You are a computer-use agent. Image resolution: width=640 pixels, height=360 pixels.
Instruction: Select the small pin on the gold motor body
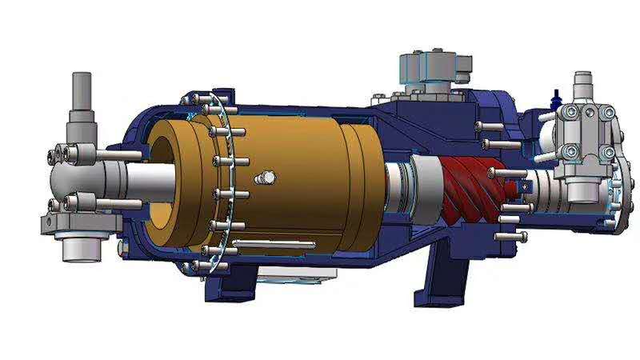click(265, 178)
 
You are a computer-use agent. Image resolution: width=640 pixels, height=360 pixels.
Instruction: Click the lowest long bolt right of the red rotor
click(512, 236)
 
